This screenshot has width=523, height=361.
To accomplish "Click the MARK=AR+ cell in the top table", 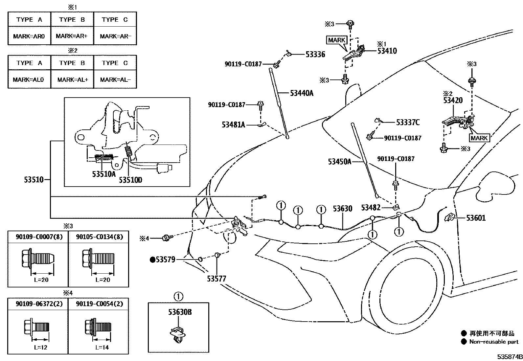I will click(72, 36).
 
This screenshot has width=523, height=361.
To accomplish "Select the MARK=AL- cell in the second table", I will click(115, 80).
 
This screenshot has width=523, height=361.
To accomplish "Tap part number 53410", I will click(387, 51).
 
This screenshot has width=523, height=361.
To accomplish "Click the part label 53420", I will click(453, 101).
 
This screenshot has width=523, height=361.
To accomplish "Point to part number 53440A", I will click(301, 93).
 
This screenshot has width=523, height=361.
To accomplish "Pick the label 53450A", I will click(339, 162).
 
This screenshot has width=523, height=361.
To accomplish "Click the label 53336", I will click(315, 55).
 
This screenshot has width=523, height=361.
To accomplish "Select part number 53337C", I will click(408, 123).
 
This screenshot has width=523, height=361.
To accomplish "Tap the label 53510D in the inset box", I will click(130, 180).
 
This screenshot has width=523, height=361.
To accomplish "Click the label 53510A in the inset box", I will click(104, 174).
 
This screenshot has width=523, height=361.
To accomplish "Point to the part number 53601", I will click(476, 218).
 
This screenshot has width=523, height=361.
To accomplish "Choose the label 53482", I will click(371, 208).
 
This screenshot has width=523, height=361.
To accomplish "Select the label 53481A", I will click(233, 125).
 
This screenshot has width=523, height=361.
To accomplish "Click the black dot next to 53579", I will click(152, 260).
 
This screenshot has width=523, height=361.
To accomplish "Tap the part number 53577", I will click(216, 279).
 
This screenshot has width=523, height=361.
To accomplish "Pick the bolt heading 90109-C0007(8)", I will click(38, 237).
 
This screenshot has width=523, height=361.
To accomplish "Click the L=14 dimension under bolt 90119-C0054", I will click(102, 347).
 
